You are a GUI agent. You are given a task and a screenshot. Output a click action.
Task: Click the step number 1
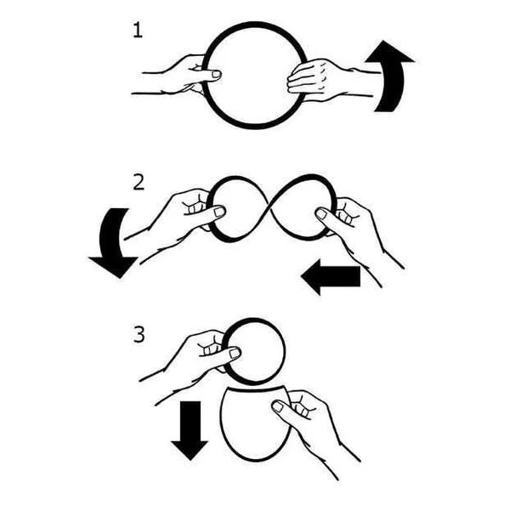(138, 31)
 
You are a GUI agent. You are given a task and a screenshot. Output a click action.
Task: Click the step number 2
(139, 183)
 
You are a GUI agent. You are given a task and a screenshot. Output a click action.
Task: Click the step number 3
(139, 334)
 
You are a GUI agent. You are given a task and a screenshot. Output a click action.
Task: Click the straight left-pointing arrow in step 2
(331, 276)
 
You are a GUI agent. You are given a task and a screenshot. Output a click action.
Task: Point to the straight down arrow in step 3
(190, 430)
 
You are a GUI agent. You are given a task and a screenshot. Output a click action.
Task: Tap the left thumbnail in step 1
(216, 75)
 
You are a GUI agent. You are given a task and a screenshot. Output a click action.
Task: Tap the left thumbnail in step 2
(219, 212)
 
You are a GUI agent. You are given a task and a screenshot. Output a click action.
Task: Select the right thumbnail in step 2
(321, 213)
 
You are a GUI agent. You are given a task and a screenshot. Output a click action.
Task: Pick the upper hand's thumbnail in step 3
(235, 353)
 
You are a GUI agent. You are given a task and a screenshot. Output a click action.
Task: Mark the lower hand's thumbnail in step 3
(277, 406)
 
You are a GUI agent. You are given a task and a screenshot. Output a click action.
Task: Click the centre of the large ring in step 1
(255, 75)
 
